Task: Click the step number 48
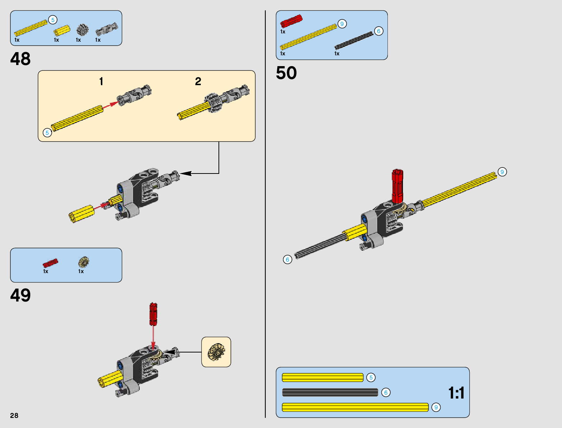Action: pyautogui.click(x=20, y=59)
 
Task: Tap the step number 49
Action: pyautogui.click(x=20, y=295)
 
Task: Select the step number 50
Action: pyautogui.click(x=286, y=73)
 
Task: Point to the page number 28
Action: pyautogui.click(x=14, y=415)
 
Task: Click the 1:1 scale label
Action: pyautogui.click(x=456, y=393)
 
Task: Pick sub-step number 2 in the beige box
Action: pyautogui.click(x=198, y=82)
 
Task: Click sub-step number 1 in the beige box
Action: pyautogui.click(x=101, y=82)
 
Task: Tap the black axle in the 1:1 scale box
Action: pyautogui.click(x=330, y=392)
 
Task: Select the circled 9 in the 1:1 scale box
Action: pyautogui.click(x=436, y=407)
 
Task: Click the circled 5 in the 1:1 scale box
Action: pyautogui.click(x=371, y=377)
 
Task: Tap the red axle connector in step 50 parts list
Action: pyautogui.click(x=291, y=21)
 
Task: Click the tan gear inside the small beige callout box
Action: pyautogui.click(x=216, y=352)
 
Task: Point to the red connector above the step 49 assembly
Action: pyautogui.click(x=153, y=314)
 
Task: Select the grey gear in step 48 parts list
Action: pyautogui.click(x=82, y=30)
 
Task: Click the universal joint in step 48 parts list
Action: pyautogui.click(x=107, y=29)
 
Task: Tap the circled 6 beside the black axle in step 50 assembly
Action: pyautogui.click(x=287, y=259)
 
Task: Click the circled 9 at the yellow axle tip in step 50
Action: pyautogui.click(x=502, y=172)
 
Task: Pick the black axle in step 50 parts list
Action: pyautogui.click(x=354, y=40)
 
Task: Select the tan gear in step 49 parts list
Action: pyautogui.click(x=84, y=262)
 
